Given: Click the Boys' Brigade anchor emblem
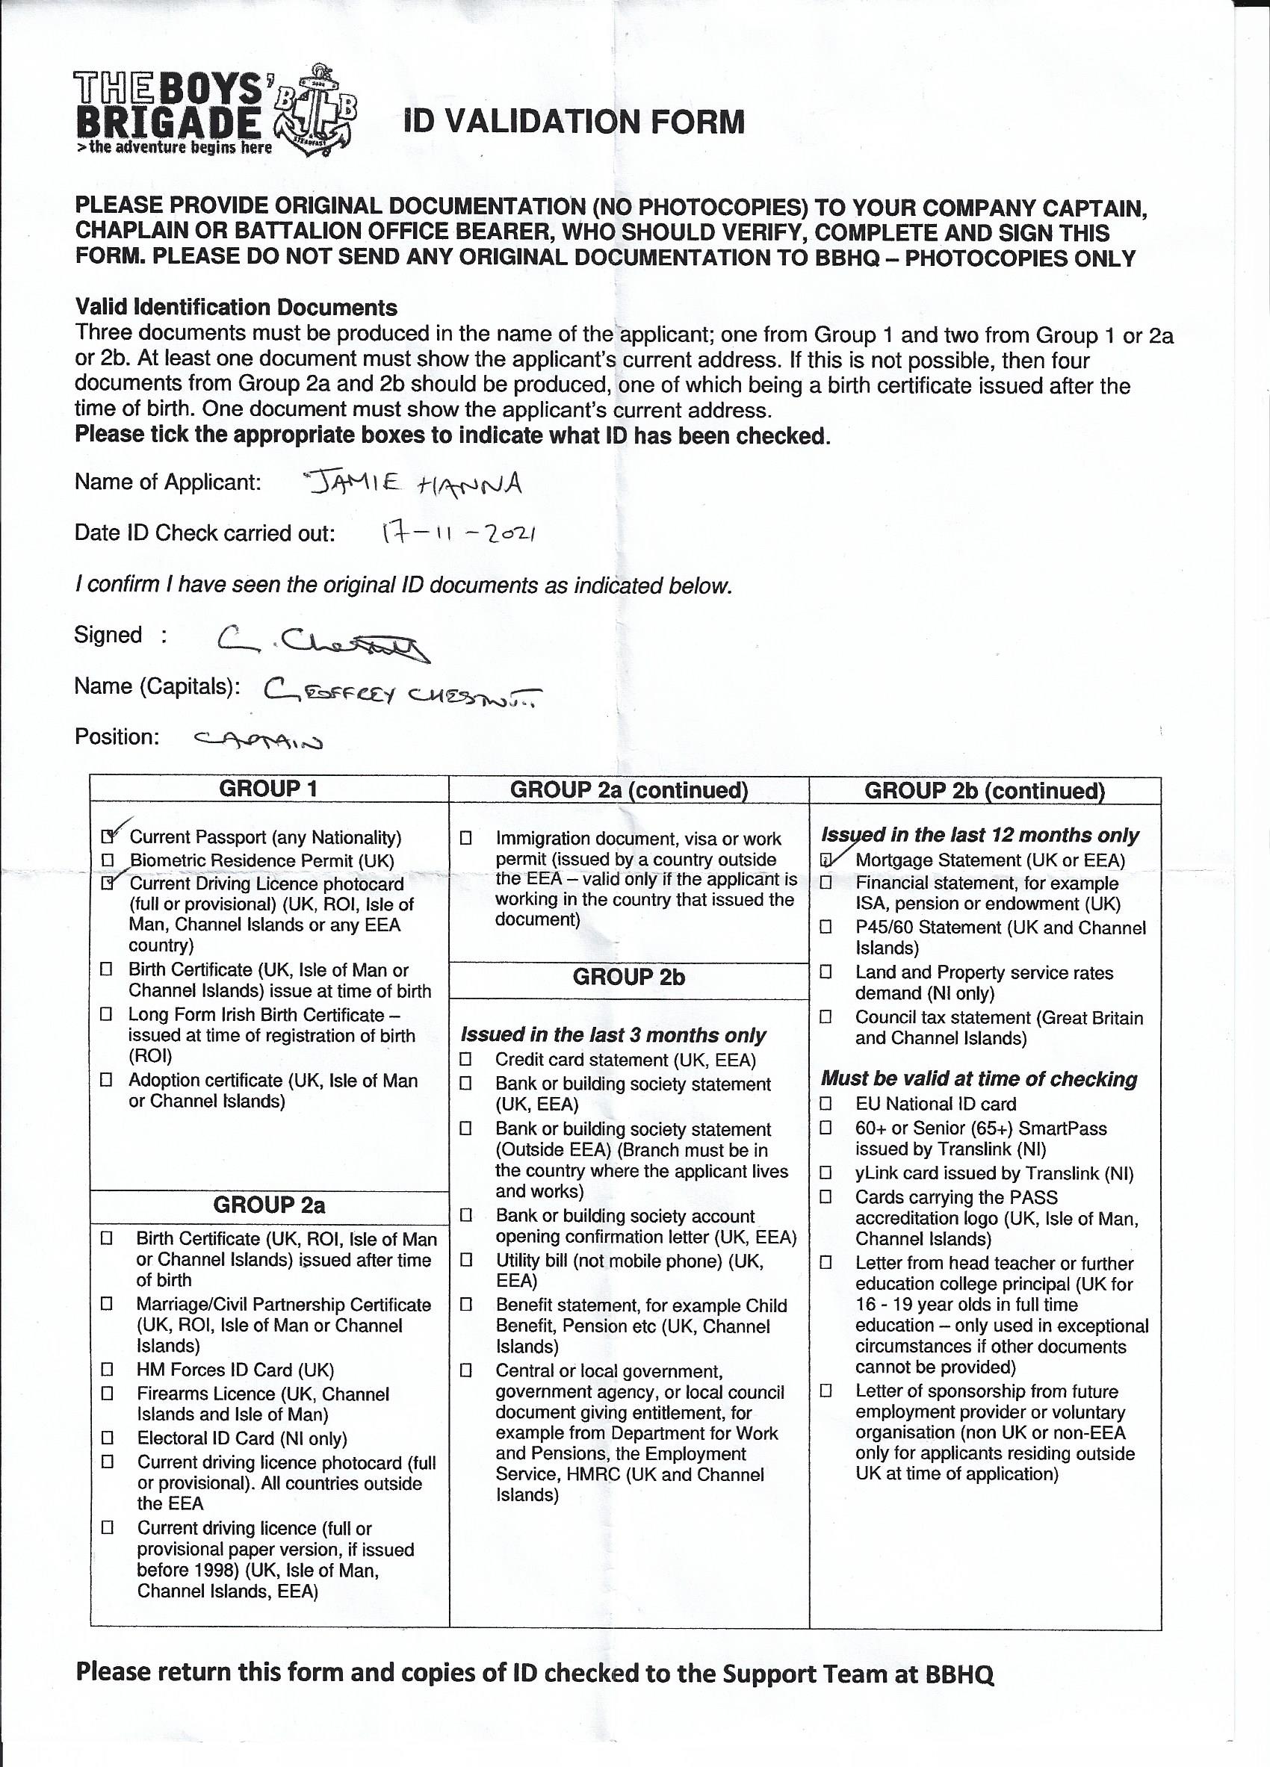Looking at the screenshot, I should tap(315, 112).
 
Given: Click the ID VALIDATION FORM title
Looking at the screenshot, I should tap(574, 122).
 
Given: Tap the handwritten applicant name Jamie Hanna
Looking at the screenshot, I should tap(414, 485).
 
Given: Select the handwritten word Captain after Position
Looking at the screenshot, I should tap(258, 741).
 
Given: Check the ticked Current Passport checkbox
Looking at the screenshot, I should tap(108, 836).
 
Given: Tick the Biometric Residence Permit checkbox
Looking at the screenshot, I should tap(108, 860).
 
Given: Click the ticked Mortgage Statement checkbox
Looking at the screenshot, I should tap(827, 860).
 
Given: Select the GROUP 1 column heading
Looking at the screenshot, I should tap(268, 789).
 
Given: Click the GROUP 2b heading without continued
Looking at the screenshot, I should tap(628, 977).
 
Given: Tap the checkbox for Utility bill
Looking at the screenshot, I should tap(466, 1260).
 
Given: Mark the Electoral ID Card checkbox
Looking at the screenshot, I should tap(108, 1438).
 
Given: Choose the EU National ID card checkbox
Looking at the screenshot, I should tap(826, 1104).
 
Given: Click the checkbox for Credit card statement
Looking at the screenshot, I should tap(466, 1060).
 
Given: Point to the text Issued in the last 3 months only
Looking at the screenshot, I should tap(613, 1034).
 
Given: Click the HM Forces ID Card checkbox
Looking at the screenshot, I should tap(108, 1370).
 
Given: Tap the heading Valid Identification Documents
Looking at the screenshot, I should tap(236, 307).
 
